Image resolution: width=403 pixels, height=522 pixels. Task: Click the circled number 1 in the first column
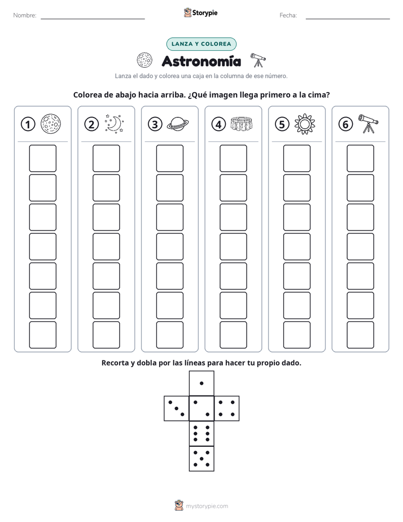28,124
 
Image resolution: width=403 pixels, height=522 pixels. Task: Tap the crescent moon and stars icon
114,124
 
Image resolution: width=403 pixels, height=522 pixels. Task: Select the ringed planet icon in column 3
178,124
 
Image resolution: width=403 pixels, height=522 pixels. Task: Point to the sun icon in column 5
305,124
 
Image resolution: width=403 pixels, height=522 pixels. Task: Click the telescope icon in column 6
368,124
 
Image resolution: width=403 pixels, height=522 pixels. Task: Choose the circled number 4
218,124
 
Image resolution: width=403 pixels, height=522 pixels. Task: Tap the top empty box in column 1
42,158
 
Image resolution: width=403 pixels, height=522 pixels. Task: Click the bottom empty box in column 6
360,335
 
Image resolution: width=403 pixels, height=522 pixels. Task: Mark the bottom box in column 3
169,335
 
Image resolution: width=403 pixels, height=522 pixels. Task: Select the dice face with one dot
201,384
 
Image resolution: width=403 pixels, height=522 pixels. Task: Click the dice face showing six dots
201,433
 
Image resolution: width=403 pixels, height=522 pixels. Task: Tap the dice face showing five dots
201,458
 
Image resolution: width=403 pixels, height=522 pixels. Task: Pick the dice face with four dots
227,408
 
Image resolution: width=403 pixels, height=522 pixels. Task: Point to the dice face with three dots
177,408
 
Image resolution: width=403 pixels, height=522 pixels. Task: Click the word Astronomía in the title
201,61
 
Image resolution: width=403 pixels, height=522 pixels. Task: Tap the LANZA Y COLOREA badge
201,44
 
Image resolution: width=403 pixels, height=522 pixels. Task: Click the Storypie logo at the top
201,13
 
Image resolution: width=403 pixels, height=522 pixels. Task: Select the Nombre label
25,15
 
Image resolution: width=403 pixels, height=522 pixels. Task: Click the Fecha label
288,15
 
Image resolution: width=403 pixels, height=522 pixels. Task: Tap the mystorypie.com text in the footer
207,506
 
